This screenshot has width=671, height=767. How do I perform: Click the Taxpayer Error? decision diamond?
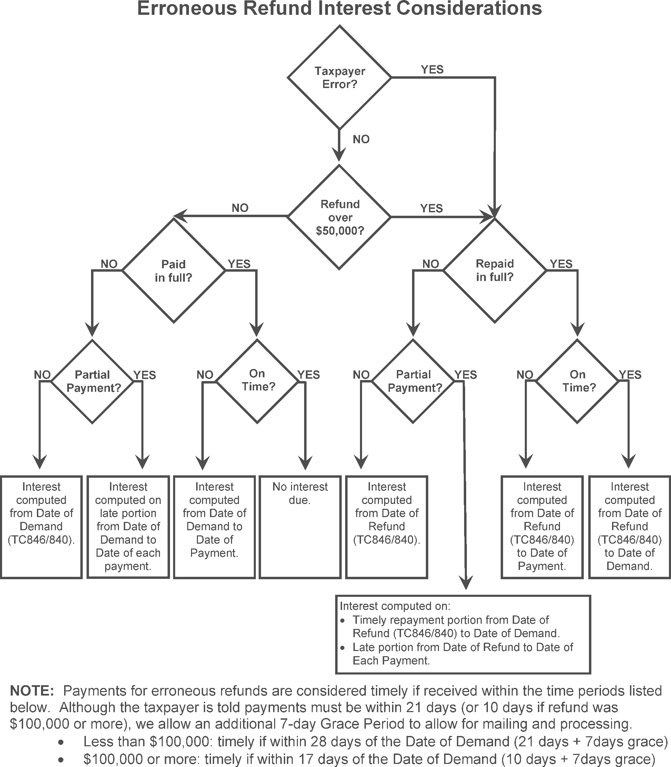click(x=339, y=78)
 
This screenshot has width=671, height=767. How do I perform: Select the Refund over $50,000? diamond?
click(x=339, y=217)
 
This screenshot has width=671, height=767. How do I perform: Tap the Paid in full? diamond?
click(x=173, y=271)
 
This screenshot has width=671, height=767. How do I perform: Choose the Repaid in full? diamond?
click(x=495, y=271)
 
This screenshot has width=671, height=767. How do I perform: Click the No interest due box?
click(x=300, y=527)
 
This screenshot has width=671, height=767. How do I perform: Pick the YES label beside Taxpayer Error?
click(x=432, y=70)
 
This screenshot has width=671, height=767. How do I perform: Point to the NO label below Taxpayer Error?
click(x=361, y=139)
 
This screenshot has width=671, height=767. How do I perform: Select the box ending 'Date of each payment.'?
click(x=128, y=527)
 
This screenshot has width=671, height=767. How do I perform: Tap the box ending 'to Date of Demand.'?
click(x=629, y=527)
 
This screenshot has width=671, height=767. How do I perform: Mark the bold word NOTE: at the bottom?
click(x=32, y=690)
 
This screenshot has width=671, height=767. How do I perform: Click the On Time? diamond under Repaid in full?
click(x=578, y=381)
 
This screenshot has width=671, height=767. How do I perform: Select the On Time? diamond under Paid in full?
click(x=257, y=381)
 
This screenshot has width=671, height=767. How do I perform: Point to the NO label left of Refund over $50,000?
click(x=240, y=208)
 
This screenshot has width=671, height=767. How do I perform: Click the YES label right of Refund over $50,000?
click(x=431, y=208)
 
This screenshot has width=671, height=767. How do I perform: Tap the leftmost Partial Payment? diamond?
click(x=92, y=381)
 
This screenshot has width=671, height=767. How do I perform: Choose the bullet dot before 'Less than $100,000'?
click(x=61, y=742)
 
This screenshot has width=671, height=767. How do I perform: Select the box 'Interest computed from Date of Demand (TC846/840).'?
click(x=41, y=527)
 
